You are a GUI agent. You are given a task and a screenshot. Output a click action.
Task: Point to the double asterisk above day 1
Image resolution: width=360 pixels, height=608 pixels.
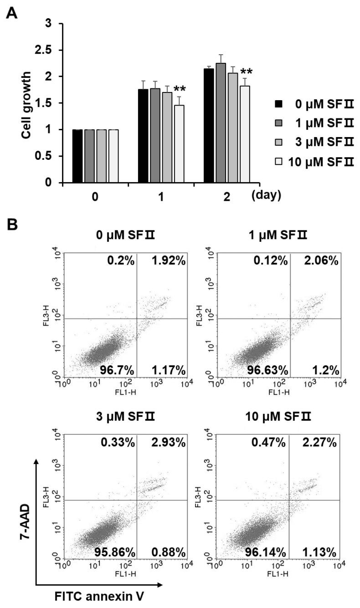pyautogui.click(x=180, y=88)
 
